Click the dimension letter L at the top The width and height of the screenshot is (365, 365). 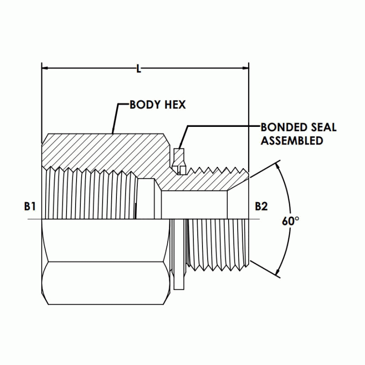139,69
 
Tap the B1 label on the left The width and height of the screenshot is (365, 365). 30,206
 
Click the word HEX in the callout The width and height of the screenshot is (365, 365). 175,105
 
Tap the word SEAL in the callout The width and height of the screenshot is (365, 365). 323,127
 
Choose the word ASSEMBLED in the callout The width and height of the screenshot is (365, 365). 292,141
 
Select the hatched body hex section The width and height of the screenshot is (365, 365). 105,150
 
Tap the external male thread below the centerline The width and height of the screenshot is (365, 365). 219,242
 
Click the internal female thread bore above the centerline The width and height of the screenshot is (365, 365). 90,195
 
